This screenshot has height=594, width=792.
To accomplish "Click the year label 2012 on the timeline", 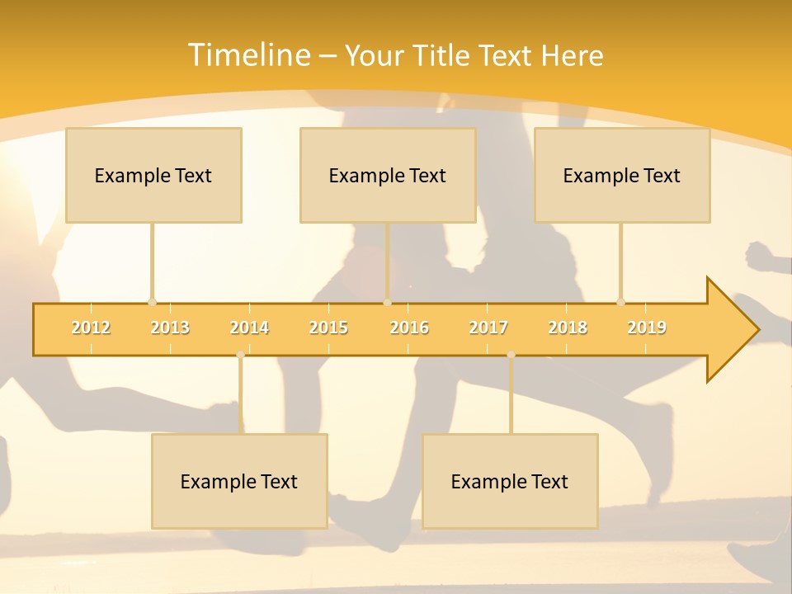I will [91, 328].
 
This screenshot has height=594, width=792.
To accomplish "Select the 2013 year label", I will [170, 328].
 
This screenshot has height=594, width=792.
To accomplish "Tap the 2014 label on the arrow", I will [249, 328].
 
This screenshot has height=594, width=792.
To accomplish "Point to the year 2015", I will [328, 328].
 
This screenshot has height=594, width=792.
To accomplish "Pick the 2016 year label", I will [409, 328].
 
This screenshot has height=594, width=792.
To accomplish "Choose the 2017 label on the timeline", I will [488, 328].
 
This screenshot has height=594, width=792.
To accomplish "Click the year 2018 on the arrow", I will [568, 328].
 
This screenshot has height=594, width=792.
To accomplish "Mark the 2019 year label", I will [647, 328].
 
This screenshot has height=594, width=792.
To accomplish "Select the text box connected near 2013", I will [153, 175].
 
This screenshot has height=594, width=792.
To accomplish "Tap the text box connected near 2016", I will [388, 175].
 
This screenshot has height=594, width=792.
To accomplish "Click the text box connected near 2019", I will [622, 175].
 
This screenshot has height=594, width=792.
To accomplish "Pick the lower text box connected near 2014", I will [239, 481].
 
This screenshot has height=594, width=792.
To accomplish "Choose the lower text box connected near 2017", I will [510, 481].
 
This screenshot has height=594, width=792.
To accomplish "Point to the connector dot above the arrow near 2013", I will [152, 302].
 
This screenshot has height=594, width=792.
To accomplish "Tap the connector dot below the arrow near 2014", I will [240, 355].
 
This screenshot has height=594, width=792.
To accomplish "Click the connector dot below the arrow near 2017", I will [511, 355].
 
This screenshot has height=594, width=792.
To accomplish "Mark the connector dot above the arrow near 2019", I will [620, 302].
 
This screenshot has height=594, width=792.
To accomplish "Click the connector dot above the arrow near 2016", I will [387, 302].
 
